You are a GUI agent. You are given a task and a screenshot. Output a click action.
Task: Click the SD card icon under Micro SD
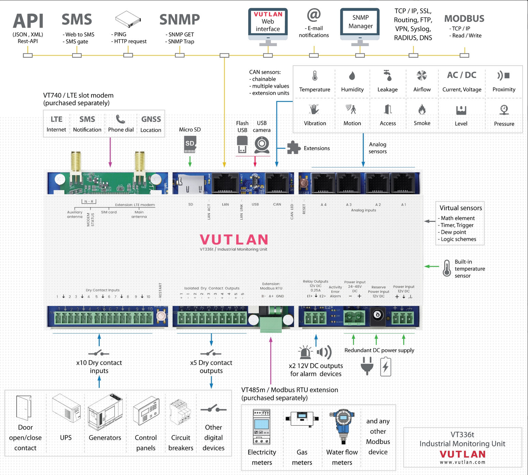coord(190,144)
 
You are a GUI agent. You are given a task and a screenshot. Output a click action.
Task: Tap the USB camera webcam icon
coord(262,144)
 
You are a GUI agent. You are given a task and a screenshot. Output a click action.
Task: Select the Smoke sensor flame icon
coord(422,110)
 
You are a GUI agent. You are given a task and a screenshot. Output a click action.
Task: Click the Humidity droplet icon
coord(352,76)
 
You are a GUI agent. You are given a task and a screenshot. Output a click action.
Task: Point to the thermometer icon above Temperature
coord(315,76)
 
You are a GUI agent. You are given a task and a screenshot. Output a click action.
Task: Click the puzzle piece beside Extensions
coord(293,148)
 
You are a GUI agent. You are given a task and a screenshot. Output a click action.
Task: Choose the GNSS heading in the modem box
coord(151,119)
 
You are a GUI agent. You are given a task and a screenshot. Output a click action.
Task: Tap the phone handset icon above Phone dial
coord(121,119)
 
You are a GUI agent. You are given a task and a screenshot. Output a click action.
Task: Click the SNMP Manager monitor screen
coord(360,22)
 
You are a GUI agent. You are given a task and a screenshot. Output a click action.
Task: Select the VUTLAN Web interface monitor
coord(268,22)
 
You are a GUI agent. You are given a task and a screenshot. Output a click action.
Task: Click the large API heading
coord(28,21)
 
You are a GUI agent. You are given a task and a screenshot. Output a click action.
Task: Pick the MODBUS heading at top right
coord(464,18)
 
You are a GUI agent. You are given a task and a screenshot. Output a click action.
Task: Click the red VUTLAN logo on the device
coord(234,240)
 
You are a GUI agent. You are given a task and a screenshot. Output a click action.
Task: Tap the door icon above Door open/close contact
coord(24,408)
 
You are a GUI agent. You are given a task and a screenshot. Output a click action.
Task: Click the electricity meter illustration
coord(261,427)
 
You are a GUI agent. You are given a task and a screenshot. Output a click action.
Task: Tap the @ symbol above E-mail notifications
coord(314,15)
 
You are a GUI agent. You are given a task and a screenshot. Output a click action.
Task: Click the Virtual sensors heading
coord(461,208)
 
